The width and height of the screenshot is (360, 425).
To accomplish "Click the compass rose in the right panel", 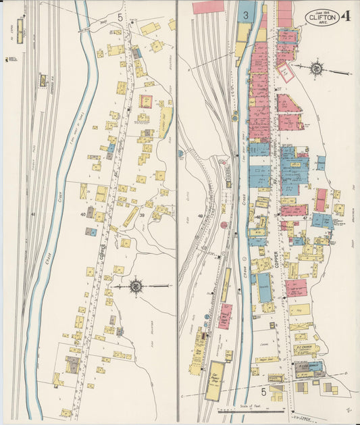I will [x=316, y=69].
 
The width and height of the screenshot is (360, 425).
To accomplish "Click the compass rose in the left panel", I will [x=136, y=286].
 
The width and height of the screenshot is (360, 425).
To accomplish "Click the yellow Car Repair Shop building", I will [x=215, y=380].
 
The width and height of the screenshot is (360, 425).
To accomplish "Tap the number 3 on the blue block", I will [x=247, y=14].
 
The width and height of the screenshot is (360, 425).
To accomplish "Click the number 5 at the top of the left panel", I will [x=120, y=15].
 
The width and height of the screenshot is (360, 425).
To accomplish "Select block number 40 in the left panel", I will [x=83, y=214].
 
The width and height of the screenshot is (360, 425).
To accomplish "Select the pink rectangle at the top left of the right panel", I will [x=208, y=7].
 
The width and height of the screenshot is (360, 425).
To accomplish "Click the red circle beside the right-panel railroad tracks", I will [x=224, y=225].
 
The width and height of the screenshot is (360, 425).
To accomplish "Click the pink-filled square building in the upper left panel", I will [x=145, y=101].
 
